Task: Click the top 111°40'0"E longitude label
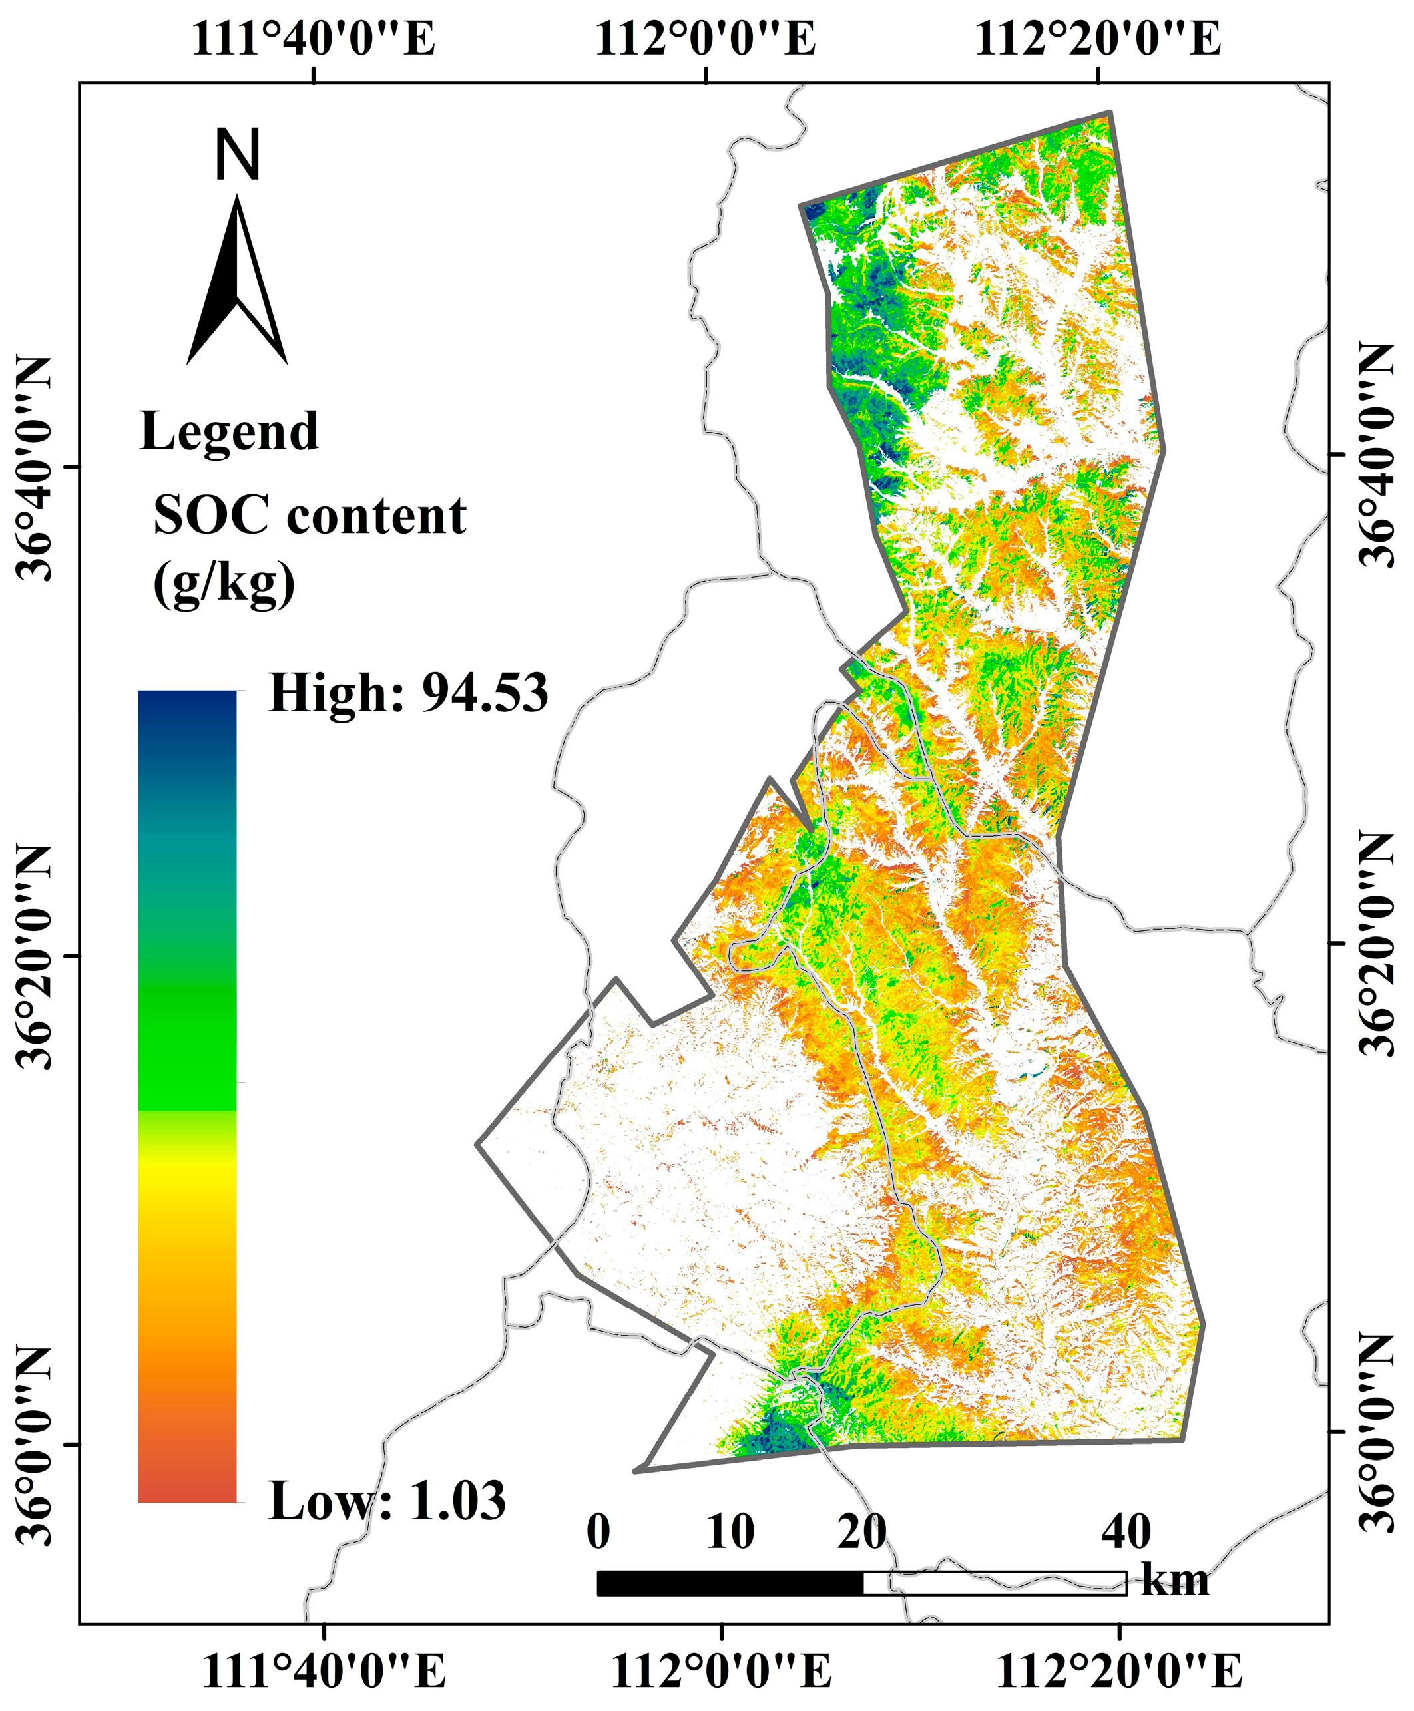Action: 313,39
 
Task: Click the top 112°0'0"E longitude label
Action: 706,39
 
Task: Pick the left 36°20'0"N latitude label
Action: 34,956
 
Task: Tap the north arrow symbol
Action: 237,281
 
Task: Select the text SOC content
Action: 310,516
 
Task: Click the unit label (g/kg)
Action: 224,583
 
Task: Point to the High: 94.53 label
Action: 408,694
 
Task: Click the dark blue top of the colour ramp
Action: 187,709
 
